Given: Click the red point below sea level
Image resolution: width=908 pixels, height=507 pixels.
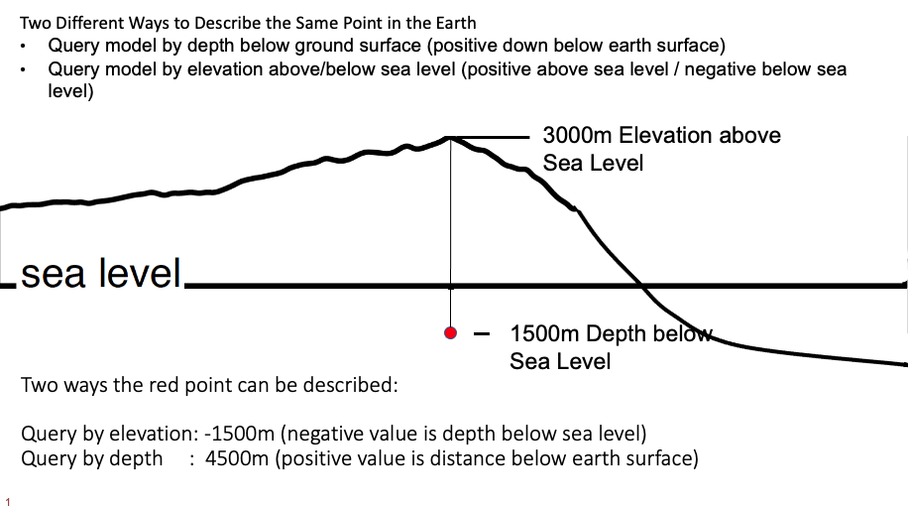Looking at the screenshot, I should (451, 333).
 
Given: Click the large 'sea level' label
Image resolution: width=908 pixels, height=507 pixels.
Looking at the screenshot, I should (101, 273).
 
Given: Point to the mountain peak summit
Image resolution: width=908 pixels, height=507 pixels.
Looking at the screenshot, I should (451, 138).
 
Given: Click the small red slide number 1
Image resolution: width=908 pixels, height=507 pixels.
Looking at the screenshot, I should (9, 501).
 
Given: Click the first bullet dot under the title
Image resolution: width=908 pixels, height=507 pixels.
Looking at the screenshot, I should (23, 47).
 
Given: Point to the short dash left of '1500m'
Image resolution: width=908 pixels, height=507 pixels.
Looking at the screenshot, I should (483, 334).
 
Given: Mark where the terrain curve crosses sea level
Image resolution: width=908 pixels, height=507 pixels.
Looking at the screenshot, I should (643, 287).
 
